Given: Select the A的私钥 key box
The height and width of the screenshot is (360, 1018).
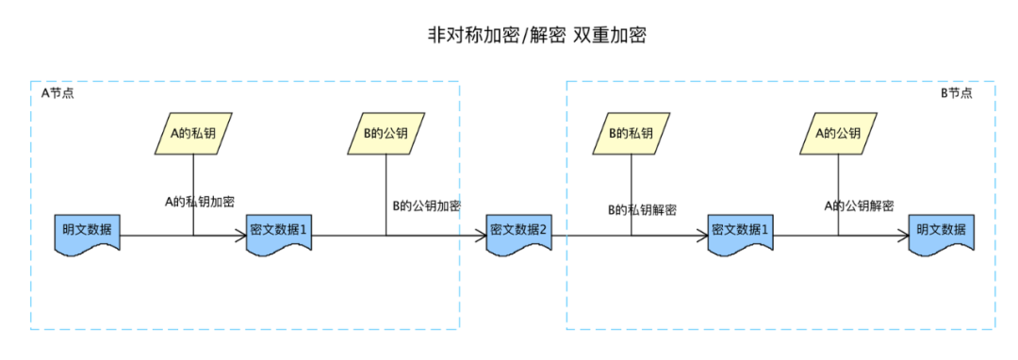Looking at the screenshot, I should [x=193, y=134].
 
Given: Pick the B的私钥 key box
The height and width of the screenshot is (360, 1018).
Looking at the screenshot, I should [x=632, y=134].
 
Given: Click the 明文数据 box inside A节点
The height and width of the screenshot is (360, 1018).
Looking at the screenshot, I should [x=88, y=231].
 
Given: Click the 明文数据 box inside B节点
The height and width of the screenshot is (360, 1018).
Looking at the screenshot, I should [x=942, y=231].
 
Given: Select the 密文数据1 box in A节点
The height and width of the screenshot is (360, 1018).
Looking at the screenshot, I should [x=278, y=231].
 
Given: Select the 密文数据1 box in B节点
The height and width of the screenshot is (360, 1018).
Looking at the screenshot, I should [x=741, y=231].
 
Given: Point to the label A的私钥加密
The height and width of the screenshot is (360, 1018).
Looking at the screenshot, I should [x=200, y=201].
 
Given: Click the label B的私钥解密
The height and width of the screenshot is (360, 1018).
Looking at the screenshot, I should [x=641, y=209].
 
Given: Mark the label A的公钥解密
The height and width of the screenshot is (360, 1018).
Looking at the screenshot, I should [x=859, y=205].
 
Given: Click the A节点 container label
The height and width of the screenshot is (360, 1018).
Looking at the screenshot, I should [x=57, y=93].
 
